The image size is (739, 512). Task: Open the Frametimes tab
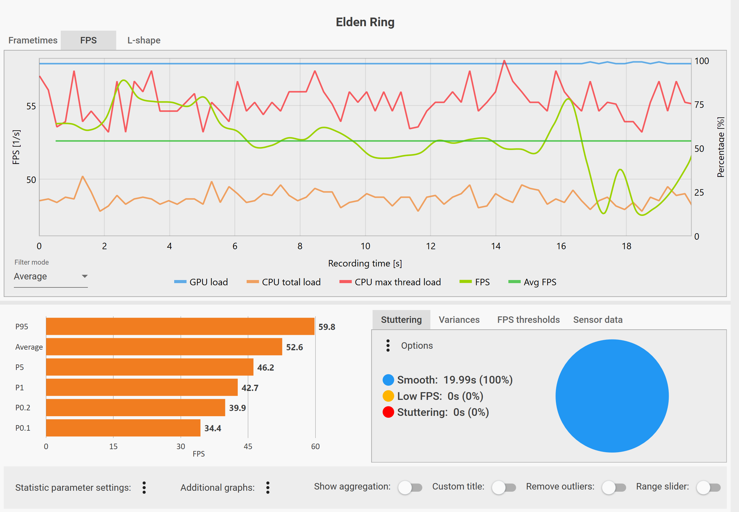coord(33,40)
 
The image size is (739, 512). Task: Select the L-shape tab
coord(144,40)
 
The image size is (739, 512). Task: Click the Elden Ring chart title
coord(365,22)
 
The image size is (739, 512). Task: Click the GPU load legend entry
coord(201,282)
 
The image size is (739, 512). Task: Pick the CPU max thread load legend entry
coord(390,282)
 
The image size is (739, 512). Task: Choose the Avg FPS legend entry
coord(532,282)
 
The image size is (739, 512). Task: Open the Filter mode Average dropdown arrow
coord(85,276)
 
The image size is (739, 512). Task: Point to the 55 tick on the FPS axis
coord(31,106)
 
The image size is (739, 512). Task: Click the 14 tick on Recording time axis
coord(496,246)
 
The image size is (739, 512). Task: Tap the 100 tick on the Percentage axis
coord(701,61)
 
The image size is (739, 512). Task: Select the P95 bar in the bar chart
coord(180,326)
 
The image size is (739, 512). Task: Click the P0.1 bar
coord(123,428)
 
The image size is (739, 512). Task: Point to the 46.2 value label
coord(265,367)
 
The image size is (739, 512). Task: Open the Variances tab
coord(459,319)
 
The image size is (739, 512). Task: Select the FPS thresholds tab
coord(528,319)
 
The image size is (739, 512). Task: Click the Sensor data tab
coord(598,319)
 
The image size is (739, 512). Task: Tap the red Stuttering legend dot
coord(388,412)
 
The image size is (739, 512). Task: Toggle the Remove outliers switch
coord(614,488)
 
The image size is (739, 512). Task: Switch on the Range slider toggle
coord(708,488)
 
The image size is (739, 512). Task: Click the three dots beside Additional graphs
coord(268,488)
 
